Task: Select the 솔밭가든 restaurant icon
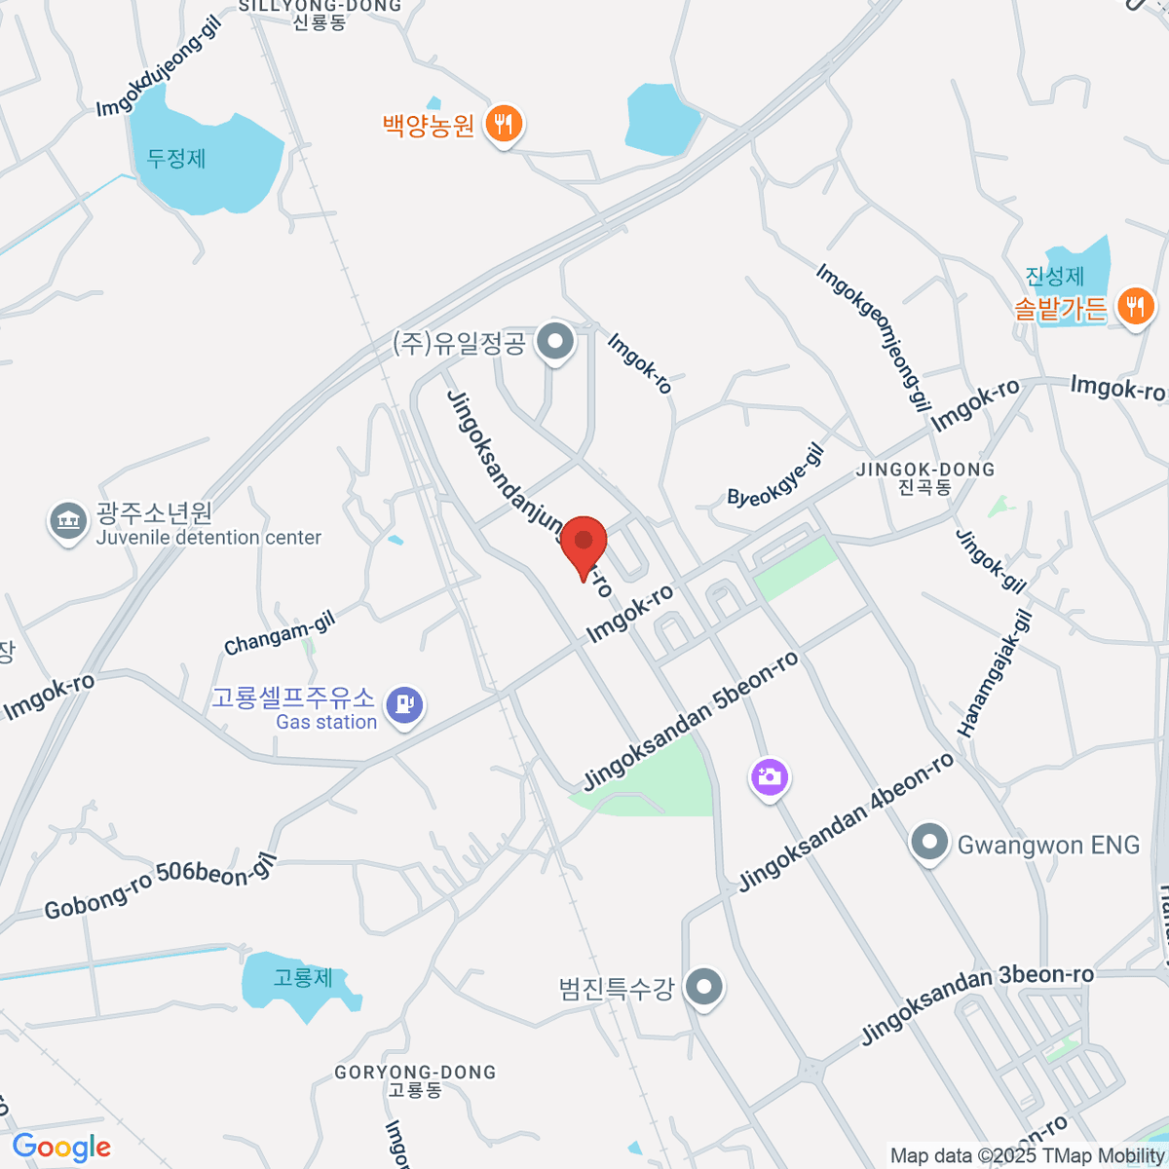pyautogui.click(x=1133, y=307)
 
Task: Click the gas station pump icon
pyautogui.click(x=403, y=703)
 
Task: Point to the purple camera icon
pyautogui.click(x=770, y=777)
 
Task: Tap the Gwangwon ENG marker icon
pyautogui.click(x=929, y=844)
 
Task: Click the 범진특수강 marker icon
pyautogui.click(x=703, y=988)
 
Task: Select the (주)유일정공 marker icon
pyautogui.click(x=556, y=342)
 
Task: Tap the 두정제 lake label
pyautogui.click(x=176, y=158)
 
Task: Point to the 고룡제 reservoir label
pyautogui.click(x=303, y=977)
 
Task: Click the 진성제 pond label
pyautogui.click(x=1054, y=276)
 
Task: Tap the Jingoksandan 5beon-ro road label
pyautogui.click(x=691, y=720)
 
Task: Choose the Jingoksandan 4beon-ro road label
pyautogui.click(x=847, y=822)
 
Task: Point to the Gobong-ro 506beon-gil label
pyautogui.click(x=161, y=887)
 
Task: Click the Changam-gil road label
pyautogui.click(x=280, y=634)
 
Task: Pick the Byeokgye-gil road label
pyautogui.click(x=776, y=476)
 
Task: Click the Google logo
pyautogui.click(x=61, y=1147)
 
